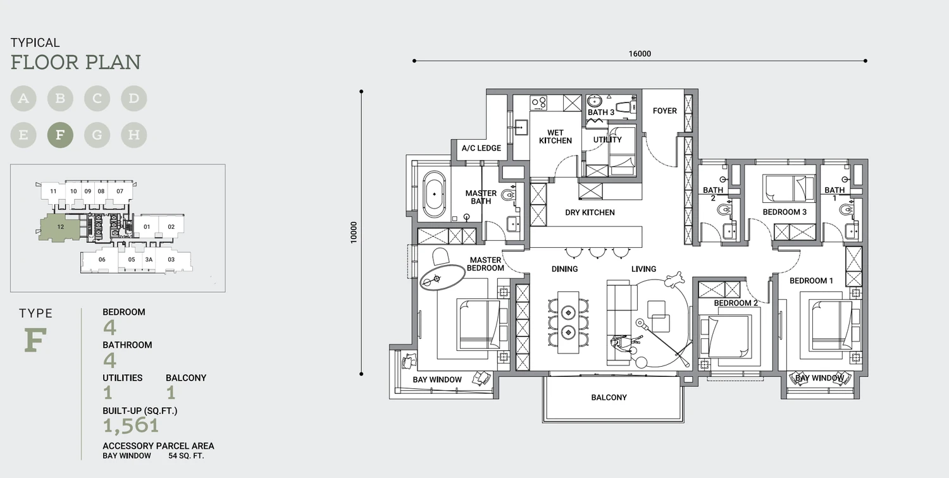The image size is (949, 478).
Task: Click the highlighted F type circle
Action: [60, 135]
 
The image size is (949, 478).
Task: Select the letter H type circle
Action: [134, 135]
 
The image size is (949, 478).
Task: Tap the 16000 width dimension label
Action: [640, 54]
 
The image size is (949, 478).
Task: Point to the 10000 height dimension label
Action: [354, 233]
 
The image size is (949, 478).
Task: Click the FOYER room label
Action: [665, 111]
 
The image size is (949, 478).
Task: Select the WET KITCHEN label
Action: [555, 137]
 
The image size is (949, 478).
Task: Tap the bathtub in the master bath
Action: [434, 194]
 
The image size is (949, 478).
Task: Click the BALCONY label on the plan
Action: [609, 398]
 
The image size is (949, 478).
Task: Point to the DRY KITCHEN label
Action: [590, 212]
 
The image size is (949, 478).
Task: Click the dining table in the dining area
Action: [568, 322]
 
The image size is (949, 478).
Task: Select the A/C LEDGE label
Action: [481, 148]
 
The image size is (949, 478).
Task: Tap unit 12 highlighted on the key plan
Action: [60, 228]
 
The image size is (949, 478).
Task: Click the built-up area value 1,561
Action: [132, 426]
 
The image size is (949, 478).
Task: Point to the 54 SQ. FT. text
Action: [186, 456]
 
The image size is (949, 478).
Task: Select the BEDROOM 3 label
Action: [785, 212]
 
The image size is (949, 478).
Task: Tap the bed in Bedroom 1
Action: [830, 325]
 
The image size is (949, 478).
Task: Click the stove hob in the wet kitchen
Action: [539, 102]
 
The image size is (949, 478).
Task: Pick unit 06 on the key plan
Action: [102, 259]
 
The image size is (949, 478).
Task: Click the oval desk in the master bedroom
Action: [442, 278]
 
